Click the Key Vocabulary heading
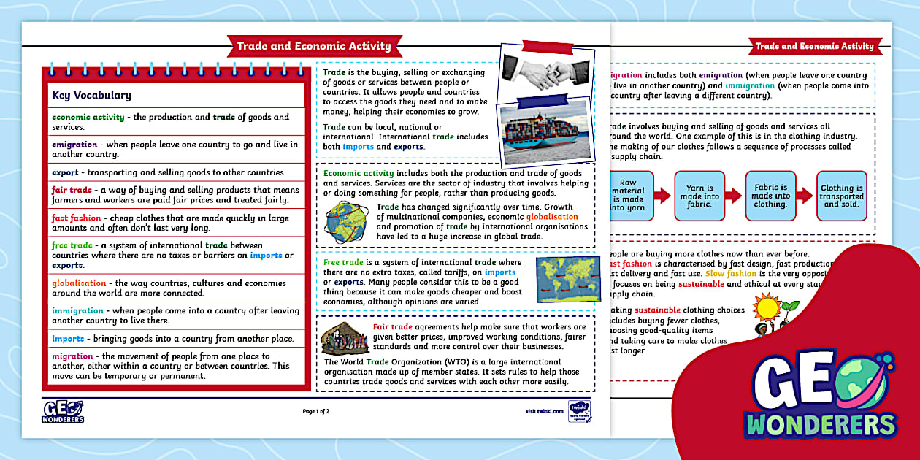(91, 95)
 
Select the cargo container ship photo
(544, 131)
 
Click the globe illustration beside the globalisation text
(346, 221)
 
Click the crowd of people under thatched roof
(344, 338)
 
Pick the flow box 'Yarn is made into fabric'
(699, 195)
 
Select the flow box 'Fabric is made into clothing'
(770, 195)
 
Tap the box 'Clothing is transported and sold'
(841, 195)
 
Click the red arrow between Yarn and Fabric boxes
(734, 195)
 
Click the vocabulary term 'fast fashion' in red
(76, 218)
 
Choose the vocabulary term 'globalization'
(79, 283)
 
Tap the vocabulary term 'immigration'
(77, 310)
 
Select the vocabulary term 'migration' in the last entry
(72, 356)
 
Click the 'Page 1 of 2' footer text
(316, 411)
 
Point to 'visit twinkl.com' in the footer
(544, 411)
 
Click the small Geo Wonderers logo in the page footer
(64, 412)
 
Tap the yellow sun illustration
(767, 307)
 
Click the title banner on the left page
(313, 46)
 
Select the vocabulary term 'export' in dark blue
(65, 172)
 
